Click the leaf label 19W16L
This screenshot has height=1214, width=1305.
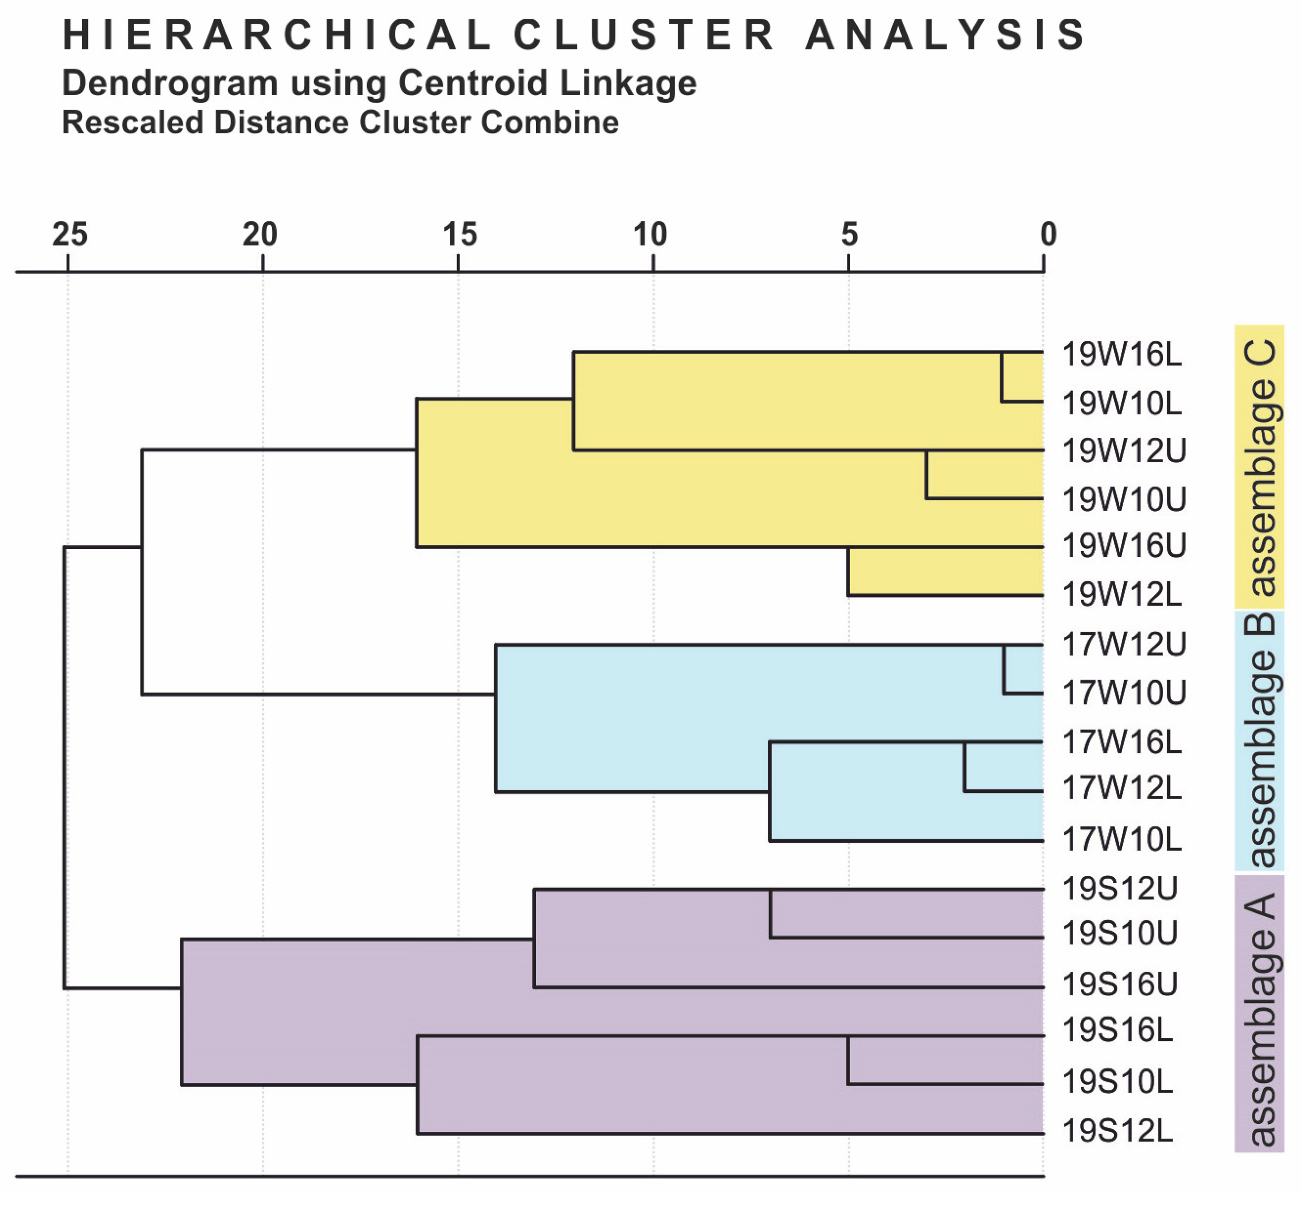tap(1121, 355)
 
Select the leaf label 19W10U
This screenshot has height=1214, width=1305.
tap(1124, 500)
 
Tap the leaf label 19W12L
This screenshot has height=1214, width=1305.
tap(1121, 595)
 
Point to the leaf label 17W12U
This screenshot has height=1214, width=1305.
tap(1124, 645)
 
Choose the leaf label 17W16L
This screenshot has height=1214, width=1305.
tap(1121, 742)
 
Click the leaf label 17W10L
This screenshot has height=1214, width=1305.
tap(1121, 840)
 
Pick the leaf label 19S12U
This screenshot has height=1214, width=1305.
tap(1119, 889)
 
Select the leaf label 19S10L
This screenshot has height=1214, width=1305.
tap(1117, 1081)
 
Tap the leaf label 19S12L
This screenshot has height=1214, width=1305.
tap(1117, 1131)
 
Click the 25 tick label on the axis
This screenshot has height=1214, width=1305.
tap(70, 234)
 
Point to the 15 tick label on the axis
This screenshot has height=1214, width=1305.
tap(459, 234)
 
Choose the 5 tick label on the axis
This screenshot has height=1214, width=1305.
tap(849, 234)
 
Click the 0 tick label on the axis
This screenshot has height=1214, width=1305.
tap(1048, 234)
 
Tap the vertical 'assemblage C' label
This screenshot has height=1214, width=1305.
tap(1259, 467)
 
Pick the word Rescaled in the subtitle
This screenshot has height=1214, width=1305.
tap(132, 123)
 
